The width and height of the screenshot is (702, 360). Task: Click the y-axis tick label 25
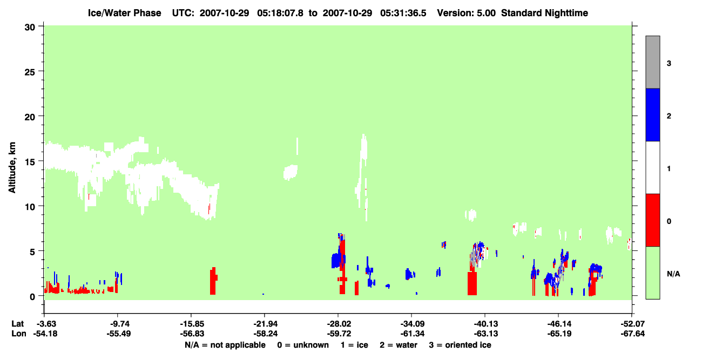coord(30,72)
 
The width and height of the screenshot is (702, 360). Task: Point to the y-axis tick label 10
coord(30,207)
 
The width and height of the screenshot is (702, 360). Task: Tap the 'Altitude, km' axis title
coord(12,168)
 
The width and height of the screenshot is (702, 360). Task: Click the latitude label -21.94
coord(265,324)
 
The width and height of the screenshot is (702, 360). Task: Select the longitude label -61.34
coord(412,334)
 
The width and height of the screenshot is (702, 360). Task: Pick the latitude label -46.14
coord(559,324)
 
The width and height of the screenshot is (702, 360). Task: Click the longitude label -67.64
coord(632,334)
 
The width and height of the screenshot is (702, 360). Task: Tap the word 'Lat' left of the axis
coord(17,324)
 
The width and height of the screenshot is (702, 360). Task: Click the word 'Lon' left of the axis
coord(19,334)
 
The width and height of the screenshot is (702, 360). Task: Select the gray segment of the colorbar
coord(653,62)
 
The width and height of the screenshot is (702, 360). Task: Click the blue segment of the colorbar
coord(653,114)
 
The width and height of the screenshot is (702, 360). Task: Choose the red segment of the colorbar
coord(653,220)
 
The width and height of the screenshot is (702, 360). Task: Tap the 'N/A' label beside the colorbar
coord(673,274)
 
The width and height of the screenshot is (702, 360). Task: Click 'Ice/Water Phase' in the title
coord(124,13)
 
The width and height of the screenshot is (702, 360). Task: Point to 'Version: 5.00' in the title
coord(467,13)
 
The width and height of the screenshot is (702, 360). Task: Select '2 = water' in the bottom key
coord(399,345)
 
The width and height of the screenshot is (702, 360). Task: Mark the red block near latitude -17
coord(213,281)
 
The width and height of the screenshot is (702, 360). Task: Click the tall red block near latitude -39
coord(472,283)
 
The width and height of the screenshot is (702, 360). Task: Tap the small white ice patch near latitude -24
coord(291,172)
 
